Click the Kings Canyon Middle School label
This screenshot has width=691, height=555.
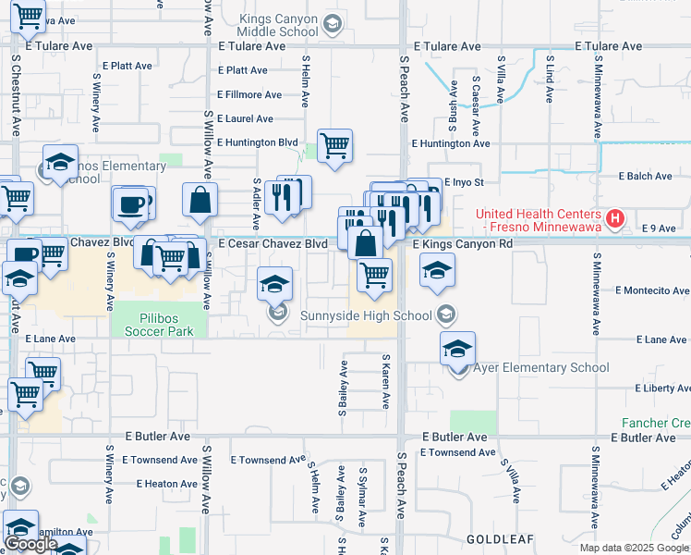click(278, 25)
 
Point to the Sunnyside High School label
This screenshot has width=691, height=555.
click(366, 315)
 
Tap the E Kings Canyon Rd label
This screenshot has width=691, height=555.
click(462, 243)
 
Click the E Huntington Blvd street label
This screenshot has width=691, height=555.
click(262, 142)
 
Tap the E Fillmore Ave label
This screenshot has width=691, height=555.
click(249, 94)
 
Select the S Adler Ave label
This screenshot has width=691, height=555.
click(256, 204)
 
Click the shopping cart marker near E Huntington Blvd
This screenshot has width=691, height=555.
click(334, 144)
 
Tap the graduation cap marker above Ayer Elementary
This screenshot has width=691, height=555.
click(457, 348)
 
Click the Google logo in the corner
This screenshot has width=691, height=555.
click(30, 544)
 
